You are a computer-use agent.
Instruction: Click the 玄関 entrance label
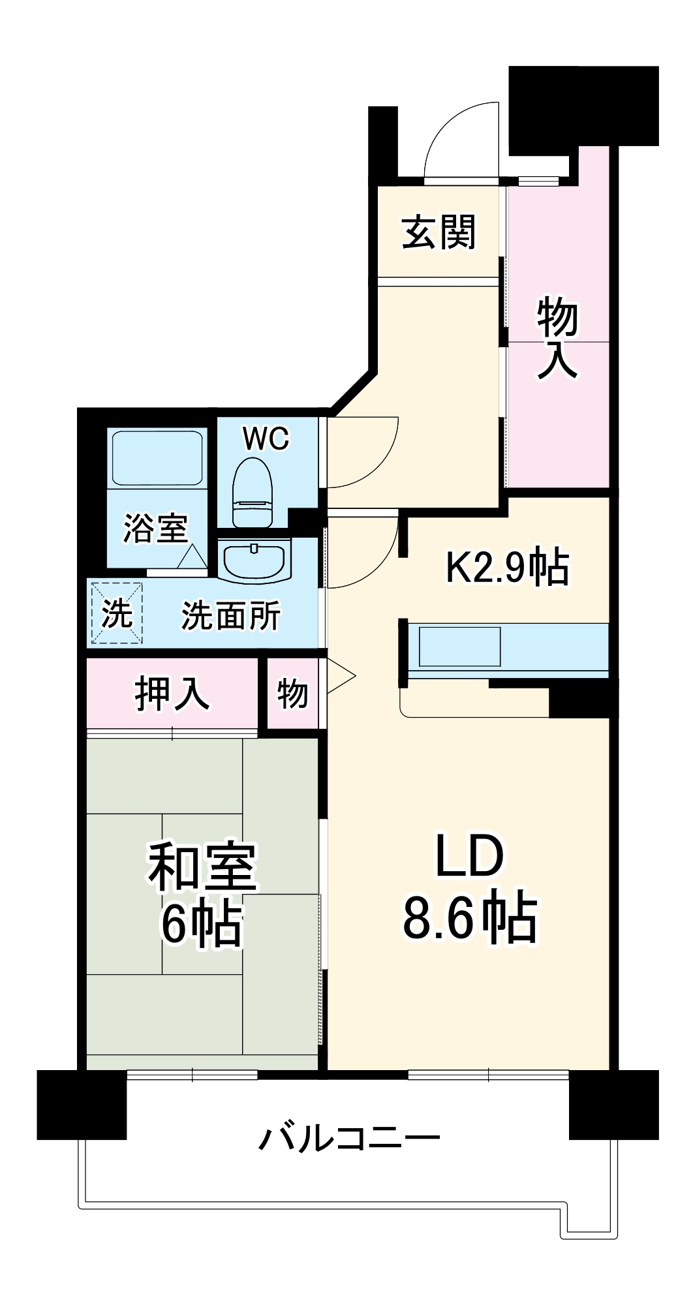tap(439, 232)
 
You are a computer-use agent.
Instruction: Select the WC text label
tap(266, 439)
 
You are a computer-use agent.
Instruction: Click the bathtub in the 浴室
tap(157, 457)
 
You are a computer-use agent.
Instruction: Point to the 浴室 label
tap(155, 529)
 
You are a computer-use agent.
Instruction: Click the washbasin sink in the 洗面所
tap(254, 560)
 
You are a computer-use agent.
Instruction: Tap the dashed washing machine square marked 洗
tap(117, 613)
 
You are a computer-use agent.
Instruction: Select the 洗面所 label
tap(231, 615)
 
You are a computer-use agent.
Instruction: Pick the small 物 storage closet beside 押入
tap(292, 693)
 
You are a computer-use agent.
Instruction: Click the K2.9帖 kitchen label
tap(507, 566)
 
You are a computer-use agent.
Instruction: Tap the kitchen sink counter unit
tap(459, 647)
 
